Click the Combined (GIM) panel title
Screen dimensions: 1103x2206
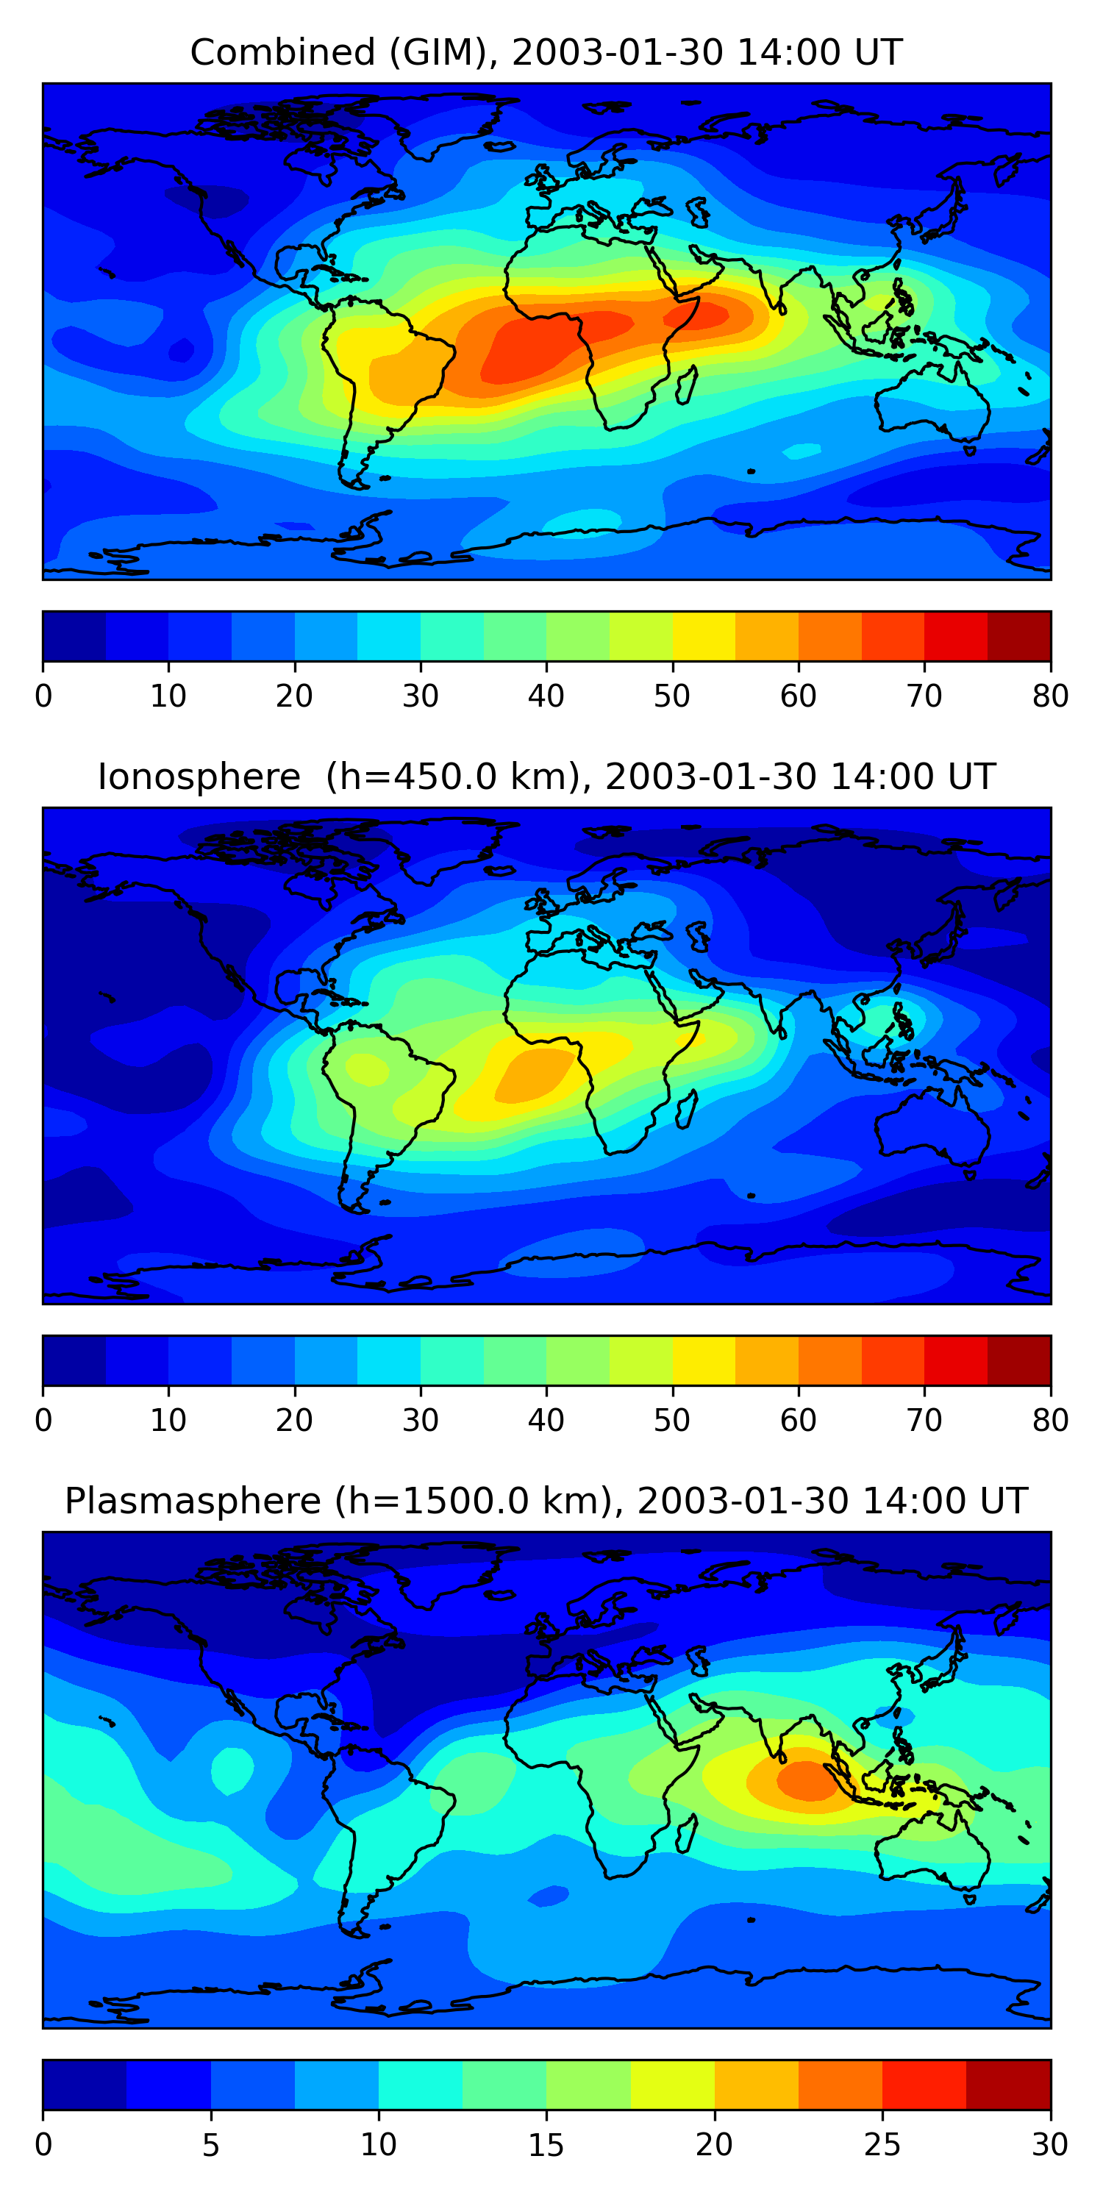tap(546, 52)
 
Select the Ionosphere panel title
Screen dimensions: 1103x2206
tap(546, 777)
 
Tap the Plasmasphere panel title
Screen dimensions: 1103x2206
tap(546, 1502)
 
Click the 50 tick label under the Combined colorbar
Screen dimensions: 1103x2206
tap(672, 696)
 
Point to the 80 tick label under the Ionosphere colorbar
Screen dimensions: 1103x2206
tap(1051, 1420)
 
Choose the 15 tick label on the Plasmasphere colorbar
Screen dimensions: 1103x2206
tap(546, 2144)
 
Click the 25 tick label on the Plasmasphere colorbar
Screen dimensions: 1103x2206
tap(882, 2144)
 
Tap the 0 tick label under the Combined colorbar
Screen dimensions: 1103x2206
tap(43, 696)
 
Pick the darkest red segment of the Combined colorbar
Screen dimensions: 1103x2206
tap(1019, 636)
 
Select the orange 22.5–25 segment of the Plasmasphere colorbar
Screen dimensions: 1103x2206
tap(840, 2085)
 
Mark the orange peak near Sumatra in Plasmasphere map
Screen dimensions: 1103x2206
tap(808, 1780)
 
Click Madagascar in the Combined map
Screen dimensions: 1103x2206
tap(687, 385)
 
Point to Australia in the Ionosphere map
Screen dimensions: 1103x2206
tap(932, 1126)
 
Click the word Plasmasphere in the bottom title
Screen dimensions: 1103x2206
tap(193, 1502)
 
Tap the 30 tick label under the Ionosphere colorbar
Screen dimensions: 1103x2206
tap(421, 1420)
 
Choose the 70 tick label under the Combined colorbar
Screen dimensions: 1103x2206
tap(925, 696)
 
